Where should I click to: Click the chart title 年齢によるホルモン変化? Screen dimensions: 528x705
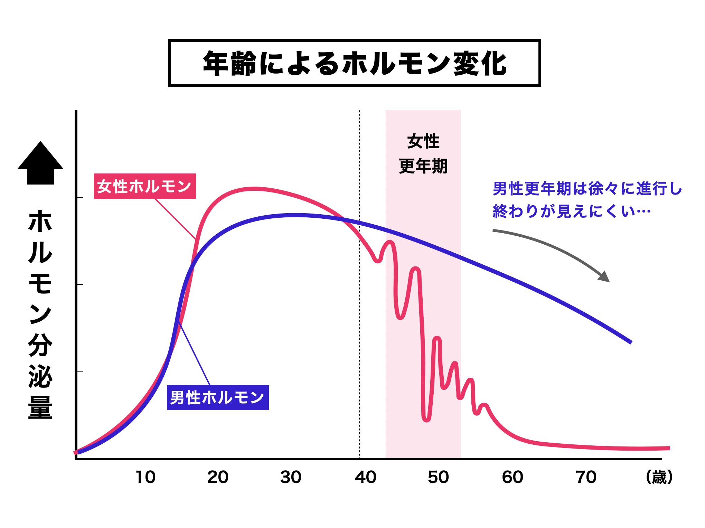point(354,63)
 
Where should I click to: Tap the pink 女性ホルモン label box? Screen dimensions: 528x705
point(145,186)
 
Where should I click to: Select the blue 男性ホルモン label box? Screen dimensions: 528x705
point(218,397)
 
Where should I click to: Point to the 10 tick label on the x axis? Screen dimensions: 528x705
point(145,477)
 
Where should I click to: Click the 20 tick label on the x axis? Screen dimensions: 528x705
point(218,477)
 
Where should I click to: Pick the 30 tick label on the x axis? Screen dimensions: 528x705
point(291,477)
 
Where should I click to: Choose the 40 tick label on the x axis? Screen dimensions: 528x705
point(365,477)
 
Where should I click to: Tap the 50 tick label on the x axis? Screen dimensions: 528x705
point(438,477)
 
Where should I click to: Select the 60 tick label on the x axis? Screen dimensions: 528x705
point(512,477)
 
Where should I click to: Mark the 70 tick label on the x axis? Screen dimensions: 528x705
point(586,477)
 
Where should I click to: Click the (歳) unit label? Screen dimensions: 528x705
point(659,477)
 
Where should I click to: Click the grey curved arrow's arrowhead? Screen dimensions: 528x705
point(604,276)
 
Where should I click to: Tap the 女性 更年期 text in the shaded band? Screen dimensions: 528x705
point(423,154)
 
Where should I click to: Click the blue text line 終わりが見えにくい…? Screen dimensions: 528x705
point(572,211)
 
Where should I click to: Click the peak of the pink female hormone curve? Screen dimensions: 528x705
point(255,189)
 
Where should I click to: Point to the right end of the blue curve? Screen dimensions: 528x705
point(630,342)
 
